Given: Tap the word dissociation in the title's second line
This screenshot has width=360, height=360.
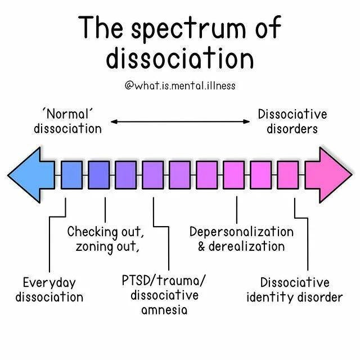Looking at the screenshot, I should click(x=179, y=58).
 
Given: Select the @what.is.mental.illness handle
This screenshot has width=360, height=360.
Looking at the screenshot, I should click(x=179, y=86).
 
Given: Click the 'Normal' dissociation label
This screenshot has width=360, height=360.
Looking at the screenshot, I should click(x=67, y=121).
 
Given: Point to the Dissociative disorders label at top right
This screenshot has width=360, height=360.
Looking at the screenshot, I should click(x=292, y=121).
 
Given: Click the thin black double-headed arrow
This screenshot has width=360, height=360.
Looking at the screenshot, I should click(x=180, y=121).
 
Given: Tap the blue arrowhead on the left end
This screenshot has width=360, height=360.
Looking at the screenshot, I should click(x=31, y=174).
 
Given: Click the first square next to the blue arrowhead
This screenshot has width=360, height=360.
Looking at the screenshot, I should click(x=71, y=174).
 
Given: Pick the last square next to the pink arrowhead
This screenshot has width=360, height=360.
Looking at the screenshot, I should click(x=288, y=174).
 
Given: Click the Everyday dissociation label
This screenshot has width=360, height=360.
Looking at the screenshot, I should click(x=49, y=289).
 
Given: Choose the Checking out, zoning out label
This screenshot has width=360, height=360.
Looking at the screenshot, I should click(x=106, y=239).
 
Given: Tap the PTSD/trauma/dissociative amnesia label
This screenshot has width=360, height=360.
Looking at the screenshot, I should click(x=164, y=294).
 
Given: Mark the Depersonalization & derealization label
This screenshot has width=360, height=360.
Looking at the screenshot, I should click(x=241, y=239).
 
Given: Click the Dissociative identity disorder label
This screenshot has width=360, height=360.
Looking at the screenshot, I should click(x=294, y=289).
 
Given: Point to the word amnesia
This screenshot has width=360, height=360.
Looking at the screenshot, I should click(x=164, y=309).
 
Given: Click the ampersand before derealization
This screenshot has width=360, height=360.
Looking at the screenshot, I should click(x=202, y=246).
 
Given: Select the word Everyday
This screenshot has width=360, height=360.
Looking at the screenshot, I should click(x=49, y=282).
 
